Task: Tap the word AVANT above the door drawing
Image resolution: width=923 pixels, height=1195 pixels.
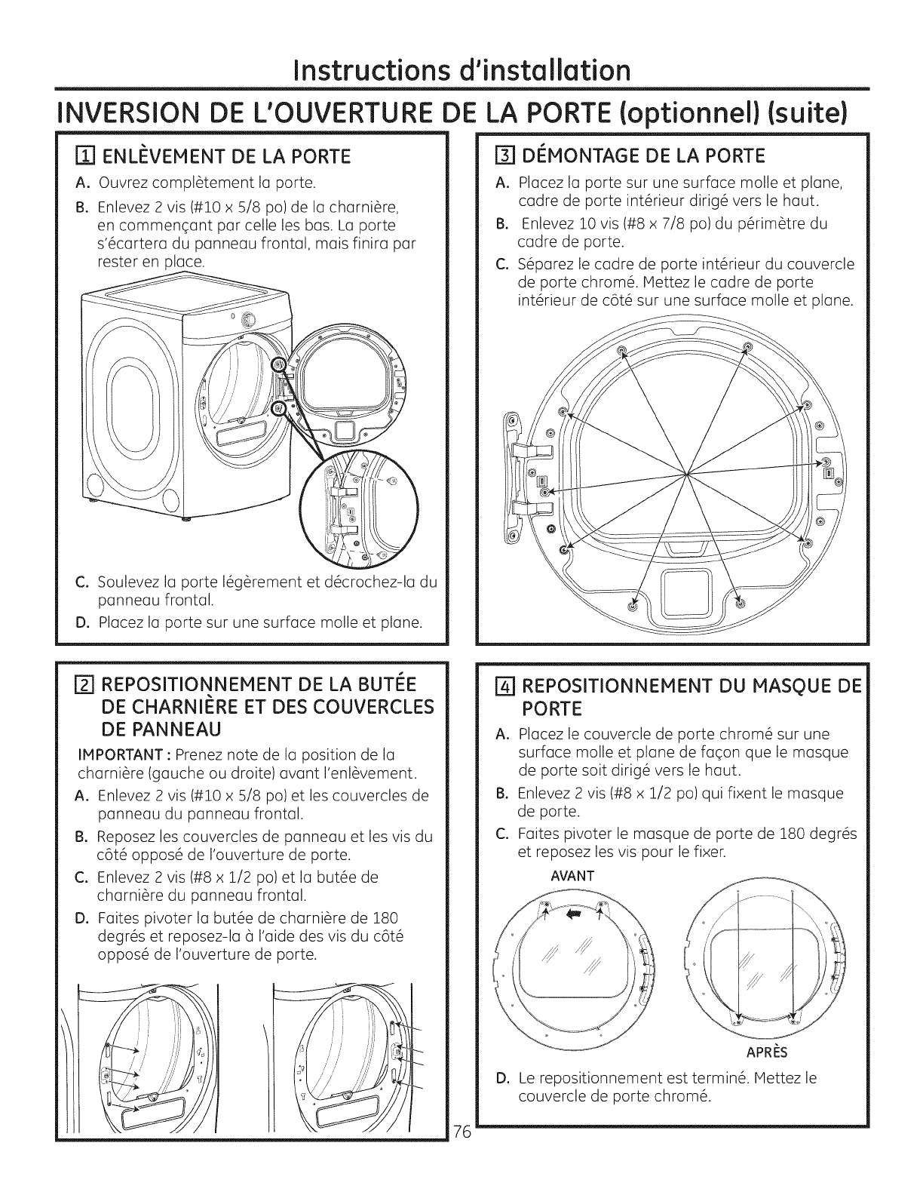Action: (572, 876)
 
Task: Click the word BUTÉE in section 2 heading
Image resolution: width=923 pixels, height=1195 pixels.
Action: (384, 685)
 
